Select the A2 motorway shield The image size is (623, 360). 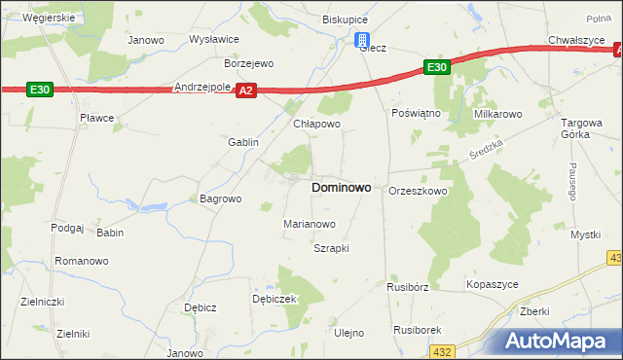pyautogui.click(x=246, y=90)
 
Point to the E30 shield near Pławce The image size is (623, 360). pyautogui.click(x=39, y=90)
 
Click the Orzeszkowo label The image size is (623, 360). pyautogui.click(x=418, y=192)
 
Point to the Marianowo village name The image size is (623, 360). pyautogui.click(x=310, y=224)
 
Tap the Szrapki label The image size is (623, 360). pyautogui.click(x=330, y=248)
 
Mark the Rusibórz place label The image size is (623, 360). pyautogui.click(x=407, y=287)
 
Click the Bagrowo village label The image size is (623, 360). pyautogui.click(x=220, y=198)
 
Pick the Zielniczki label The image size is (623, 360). pyautogui.click(x=42, y=302)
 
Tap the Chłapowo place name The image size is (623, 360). pyautogui.click(x=316, y=125)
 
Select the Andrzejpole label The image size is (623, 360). pyautogui.click(x=202, y=87)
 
